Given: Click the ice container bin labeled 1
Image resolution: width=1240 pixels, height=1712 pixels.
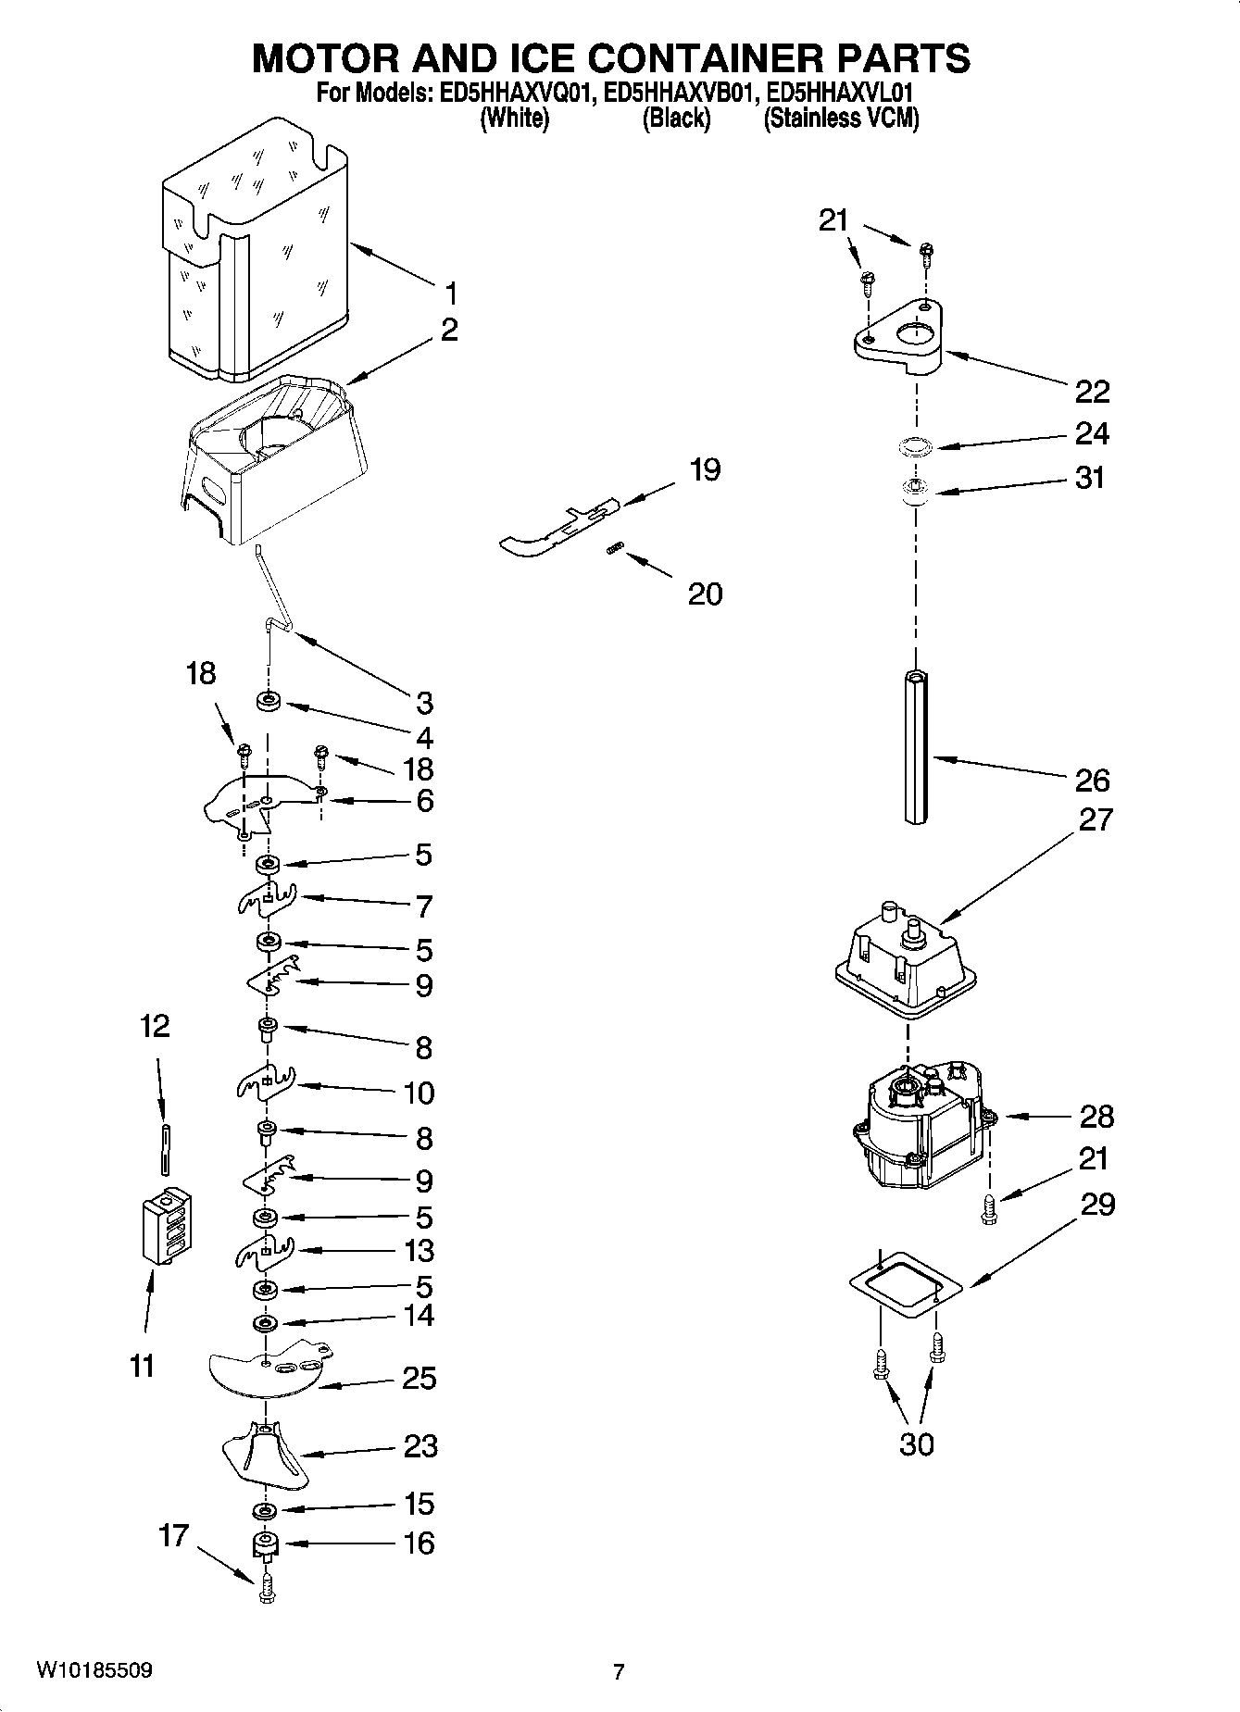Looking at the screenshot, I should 255,250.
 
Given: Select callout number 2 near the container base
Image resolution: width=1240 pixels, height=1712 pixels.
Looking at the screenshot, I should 448,330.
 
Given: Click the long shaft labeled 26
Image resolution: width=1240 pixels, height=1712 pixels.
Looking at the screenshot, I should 916,746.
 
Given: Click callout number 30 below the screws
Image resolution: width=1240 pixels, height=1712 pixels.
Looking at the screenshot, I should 916,1443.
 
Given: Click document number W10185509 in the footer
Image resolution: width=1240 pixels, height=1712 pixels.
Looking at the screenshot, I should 94,1670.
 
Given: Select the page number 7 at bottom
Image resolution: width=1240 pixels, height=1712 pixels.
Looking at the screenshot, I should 619,1671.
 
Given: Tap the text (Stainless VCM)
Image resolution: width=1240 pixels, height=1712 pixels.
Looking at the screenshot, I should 840,119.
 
